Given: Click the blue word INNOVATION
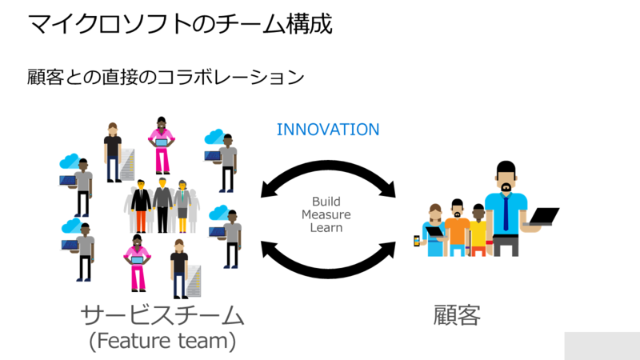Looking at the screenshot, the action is [x=328, y=130].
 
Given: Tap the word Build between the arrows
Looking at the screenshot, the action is [x=326, y=202].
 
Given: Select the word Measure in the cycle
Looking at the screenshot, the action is [x=326, y=214].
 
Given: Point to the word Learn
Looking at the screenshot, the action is [x=326, y=227].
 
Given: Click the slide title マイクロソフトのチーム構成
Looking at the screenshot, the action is [x=180, y=23].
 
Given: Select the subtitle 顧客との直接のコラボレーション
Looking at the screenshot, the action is [x=166, y=77].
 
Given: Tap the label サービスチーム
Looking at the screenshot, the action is [x=162, y=315].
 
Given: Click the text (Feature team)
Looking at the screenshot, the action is [x=162, y=341].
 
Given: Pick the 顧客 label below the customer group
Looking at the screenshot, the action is [x=457, y=315].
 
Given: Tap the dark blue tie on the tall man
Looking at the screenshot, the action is [x=506, y=213].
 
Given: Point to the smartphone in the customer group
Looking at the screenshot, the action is [x=417, y=241].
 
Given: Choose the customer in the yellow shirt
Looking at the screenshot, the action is [x=478, y=230].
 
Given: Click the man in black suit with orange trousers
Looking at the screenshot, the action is [x=141, y=206].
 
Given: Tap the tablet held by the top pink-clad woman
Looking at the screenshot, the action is [x=162, y=143].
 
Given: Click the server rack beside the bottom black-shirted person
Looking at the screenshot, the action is [x=194, y=281].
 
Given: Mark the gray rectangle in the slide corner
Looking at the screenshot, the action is [x=602, y=346].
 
